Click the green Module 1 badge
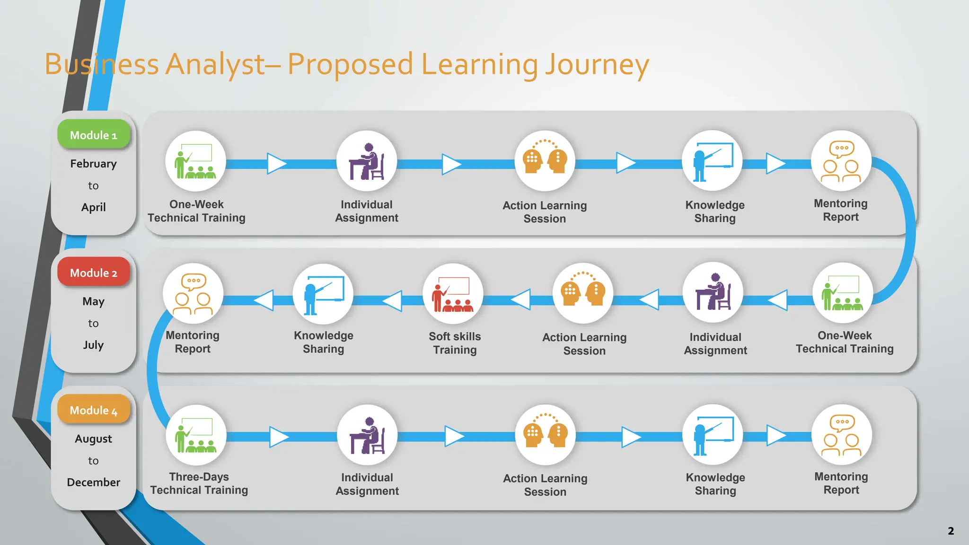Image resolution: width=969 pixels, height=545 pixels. [94, 135]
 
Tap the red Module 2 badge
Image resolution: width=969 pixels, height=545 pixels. [94, 272]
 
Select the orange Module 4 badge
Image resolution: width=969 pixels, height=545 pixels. [94, 410]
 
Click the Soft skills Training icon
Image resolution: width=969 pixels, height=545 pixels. [453, 294]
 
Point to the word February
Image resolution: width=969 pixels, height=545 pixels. [94, 164]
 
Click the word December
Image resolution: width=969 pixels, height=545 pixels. [94, 482]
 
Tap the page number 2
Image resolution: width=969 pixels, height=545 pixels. [951, 531]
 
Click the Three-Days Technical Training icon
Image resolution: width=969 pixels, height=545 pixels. [196, 435]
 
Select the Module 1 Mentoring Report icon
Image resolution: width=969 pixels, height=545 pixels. [841, 161]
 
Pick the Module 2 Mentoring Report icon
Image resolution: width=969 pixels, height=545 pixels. [193, 294]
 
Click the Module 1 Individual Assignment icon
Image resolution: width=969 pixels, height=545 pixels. [367, 161]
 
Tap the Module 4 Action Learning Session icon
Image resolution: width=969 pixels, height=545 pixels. [545, 435]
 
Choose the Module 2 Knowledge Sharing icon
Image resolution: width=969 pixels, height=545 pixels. [323, 294]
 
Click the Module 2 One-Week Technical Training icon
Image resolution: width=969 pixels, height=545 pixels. [843, 293]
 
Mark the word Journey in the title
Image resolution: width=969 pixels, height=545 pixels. [597, 65]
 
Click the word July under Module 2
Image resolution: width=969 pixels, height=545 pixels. [94, 345]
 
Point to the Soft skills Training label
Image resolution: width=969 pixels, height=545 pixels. [455, 343]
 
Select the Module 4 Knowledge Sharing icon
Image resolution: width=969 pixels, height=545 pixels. [713, 435]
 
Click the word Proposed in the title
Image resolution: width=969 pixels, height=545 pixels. [350, 65]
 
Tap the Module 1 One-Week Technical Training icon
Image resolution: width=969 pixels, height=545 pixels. [195, 161]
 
